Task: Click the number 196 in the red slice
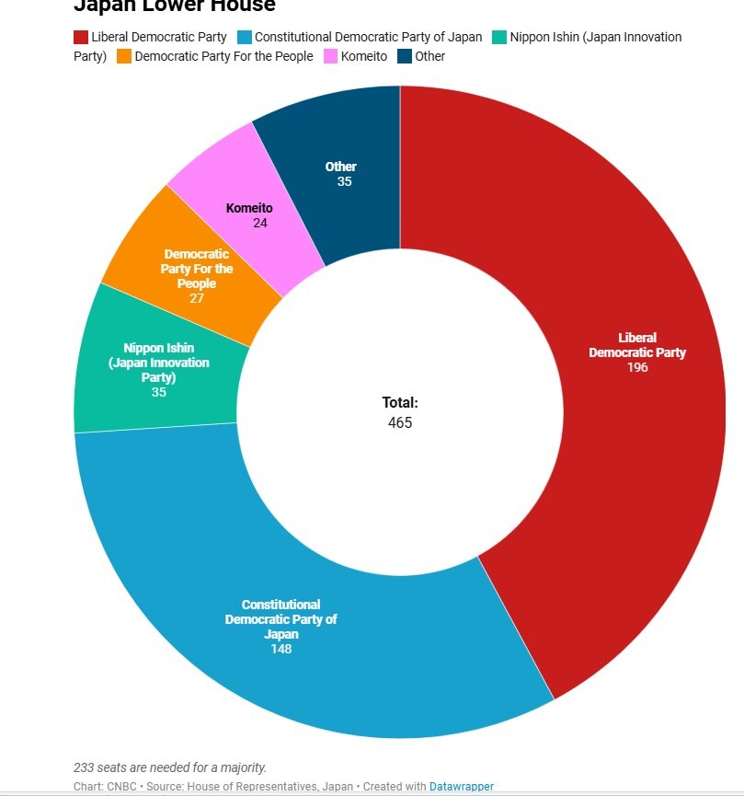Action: tap(637, 367)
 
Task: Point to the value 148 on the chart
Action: tap(281, 649)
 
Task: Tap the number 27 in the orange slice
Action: tap(197, 298)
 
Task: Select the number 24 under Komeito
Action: tap(259, 223)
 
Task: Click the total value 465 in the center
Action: tap(400, 423)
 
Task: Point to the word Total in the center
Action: tap(400, 402)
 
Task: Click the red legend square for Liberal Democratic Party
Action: tap(81, 38)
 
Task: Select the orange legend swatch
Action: tap(123, 56)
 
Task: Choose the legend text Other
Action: tap(429, 56)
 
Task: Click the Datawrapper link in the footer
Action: tap(462, 787)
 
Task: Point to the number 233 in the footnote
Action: tap(85, 767)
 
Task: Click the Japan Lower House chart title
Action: tap(175, 6)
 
